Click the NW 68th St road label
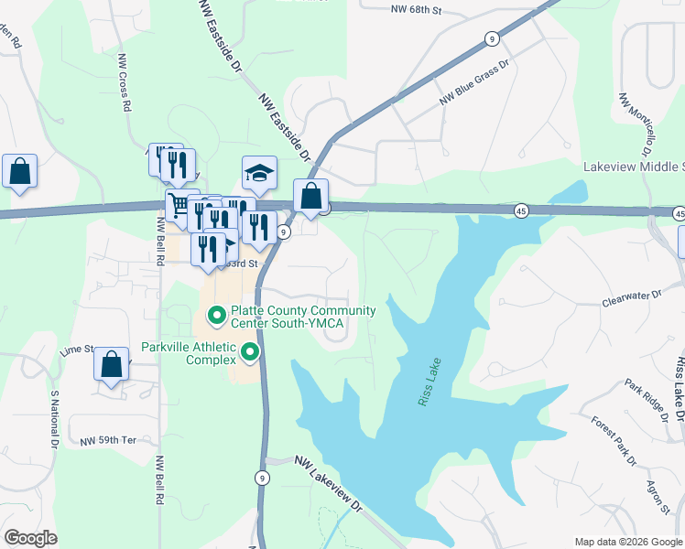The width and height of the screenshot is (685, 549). tap(416, 11)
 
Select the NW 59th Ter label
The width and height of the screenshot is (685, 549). tap(107, 440)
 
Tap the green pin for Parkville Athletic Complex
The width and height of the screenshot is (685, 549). tap(249, 350)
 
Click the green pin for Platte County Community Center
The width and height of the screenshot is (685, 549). tap(217, 317)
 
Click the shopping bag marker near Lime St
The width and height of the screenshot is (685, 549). tap(111, 363)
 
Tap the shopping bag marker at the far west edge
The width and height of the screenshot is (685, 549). tap(19, 171)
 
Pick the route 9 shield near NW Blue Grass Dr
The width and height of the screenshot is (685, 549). tap(493, 38)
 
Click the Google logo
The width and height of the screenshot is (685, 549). tap(30, 538)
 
